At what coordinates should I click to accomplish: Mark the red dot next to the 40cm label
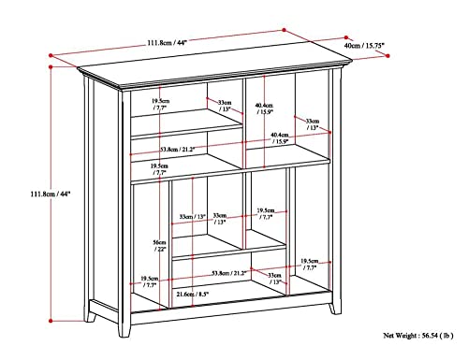(x=386, y=57)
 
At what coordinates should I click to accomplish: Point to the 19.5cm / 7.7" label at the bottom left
(x=147, y=281)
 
